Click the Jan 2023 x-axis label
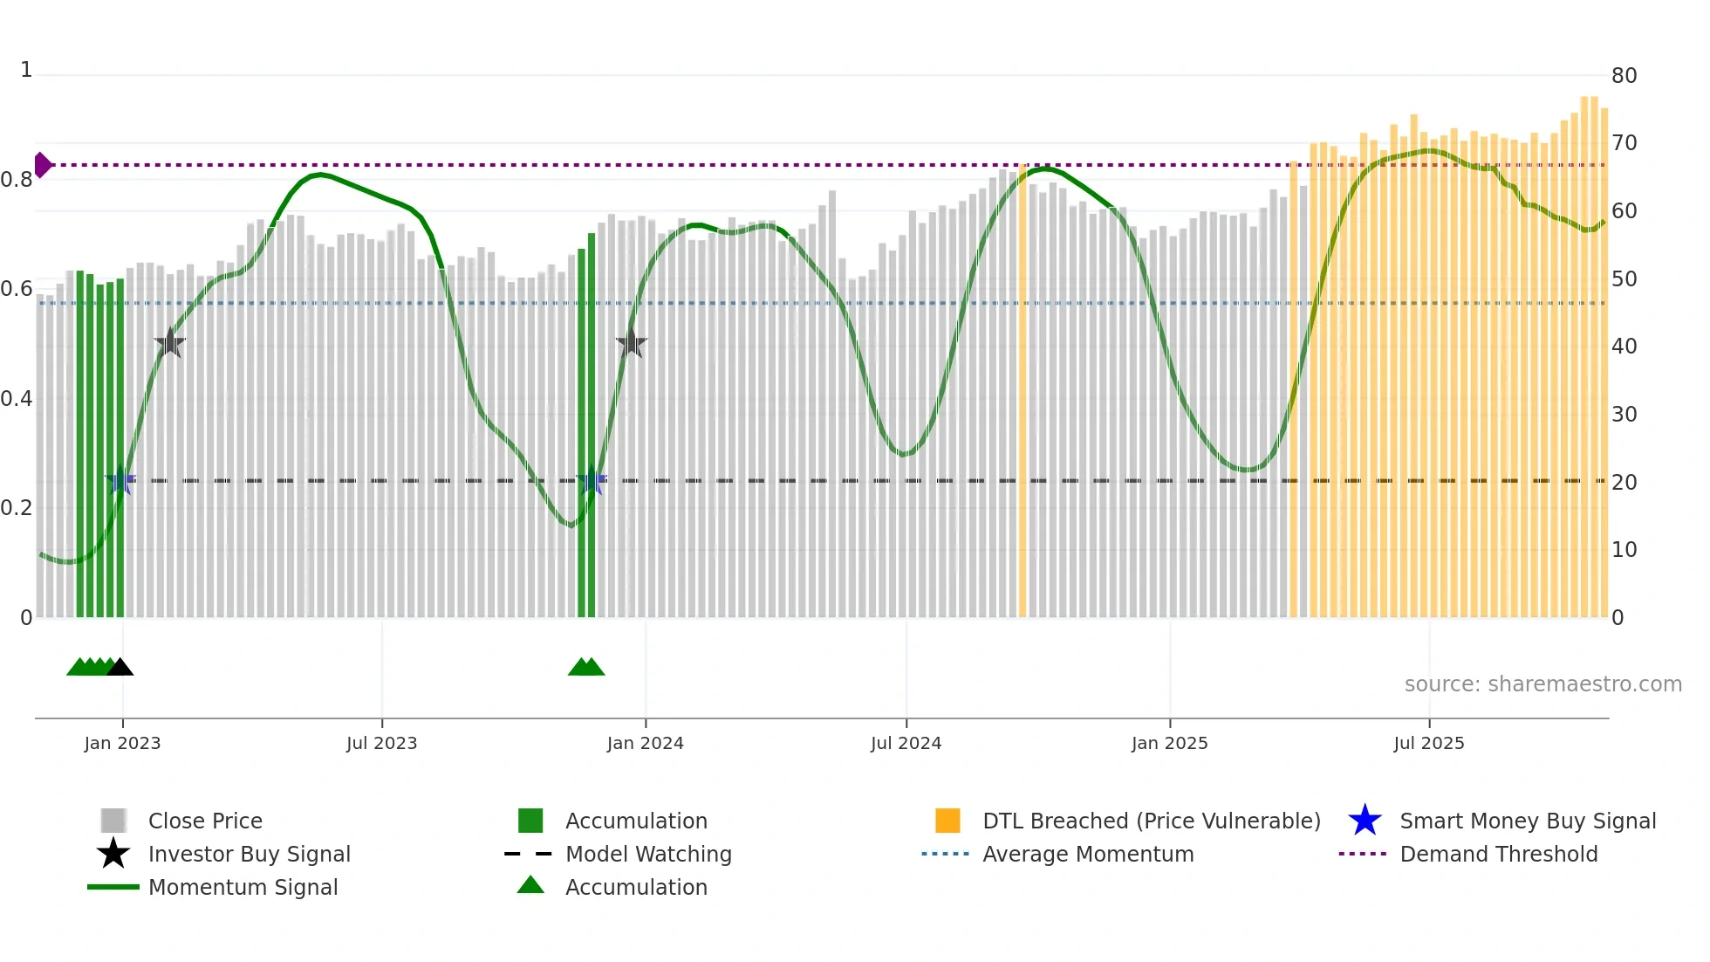pos(122,743)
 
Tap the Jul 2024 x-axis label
pos(906,743)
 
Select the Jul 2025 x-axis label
pos(1428,743)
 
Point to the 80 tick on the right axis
pos(1624,76)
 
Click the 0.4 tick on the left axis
pos(17,399)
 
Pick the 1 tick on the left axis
pos(26,70)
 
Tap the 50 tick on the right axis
pos(1624,279)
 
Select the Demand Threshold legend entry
pos(1498,854)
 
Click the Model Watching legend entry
pos(647,854)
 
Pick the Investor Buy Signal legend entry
pos(249,854)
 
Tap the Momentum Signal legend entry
pos(243,887)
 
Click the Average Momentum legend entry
pos(1087,854)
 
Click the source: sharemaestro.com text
pos(1542,684)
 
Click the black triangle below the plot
pos(120,667)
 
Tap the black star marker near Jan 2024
pos(631,343)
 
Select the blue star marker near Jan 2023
pos(120,480)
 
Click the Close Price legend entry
pos(204,821)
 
